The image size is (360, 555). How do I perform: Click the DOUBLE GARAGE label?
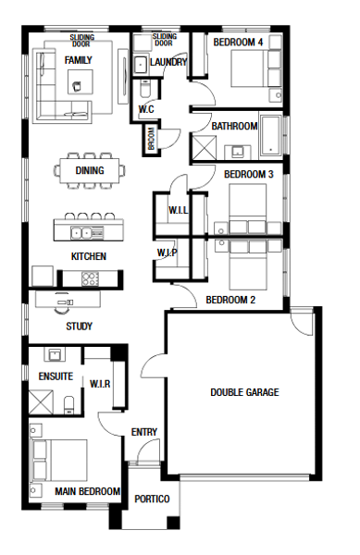244,392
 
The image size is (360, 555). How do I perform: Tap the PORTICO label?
152,499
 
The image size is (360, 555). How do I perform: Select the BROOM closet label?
152,139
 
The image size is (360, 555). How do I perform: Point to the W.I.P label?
168,253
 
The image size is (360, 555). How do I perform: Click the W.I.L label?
179,210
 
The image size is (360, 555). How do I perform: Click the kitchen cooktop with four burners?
91,278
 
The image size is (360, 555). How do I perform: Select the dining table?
90,170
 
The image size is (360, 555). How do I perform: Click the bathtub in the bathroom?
271,135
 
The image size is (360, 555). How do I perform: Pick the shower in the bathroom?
204,148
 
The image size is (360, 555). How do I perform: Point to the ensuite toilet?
68,405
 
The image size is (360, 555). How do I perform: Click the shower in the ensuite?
41,401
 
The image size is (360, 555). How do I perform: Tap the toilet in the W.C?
145,89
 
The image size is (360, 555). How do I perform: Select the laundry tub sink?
142,65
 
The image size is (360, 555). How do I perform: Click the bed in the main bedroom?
59,460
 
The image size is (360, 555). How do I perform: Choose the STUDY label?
79,326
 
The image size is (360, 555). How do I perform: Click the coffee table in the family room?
81,81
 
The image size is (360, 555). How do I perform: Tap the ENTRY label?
144,432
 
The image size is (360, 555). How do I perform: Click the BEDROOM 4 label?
238,43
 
